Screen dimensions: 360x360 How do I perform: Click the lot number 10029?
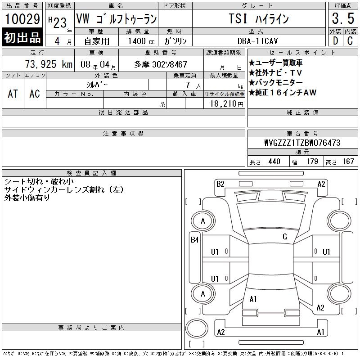[22, 19]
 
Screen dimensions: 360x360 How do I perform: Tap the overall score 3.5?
[343, 18]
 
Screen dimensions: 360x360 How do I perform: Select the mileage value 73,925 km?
[49, 64]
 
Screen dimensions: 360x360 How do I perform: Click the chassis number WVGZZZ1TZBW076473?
[302, 143]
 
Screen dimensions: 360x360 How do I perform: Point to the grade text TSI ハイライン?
[259, 18]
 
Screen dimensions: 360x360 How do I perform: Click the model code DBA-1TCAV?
[257, 41]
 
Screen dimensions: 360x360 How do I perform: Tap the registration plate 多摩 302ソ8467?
[161, 64]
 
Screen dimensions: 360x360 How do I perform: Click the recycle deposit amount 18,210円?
[227, 104]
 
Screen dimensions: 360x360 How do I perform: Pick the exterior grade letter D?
[335, 40]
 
